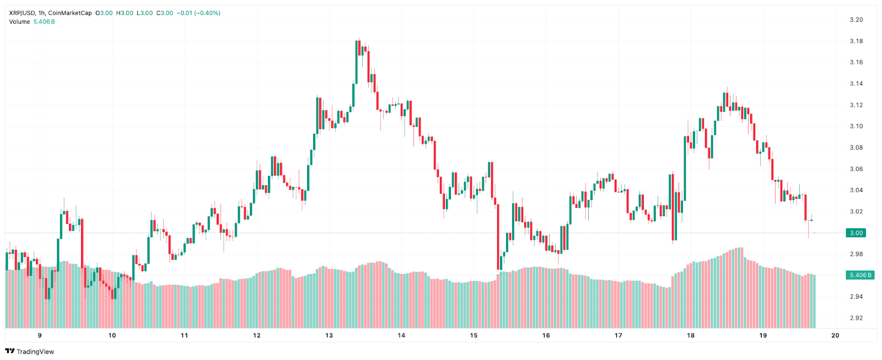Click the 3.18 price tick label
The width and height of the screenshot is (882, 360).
coord(856,41)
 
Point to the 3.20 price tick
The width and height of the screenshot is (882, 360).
coord(856,20)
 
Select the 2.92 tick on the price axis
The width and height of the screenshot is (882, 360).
coord(856,318)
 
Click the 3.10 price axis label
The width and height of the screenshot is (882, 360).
coord(856,126)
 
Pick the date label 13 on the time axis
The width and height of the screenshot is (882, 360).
coord(329,335)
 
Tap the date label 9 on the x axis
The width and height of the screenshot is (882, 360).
coord(40,335)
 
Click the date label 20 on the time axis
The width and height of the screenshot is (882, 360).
coord(835,335)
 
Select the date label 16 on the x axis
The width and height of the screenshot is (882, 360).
coord(546,335)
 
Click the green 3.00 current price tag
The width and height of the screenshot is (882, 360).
coord(856,233)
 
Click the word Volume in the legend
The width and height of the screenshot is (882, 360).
coord(19,22)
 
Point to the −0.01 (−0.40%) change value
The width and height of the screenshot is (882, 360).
coord(198,13)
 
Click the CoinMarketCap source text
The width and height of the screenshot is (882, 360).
coord(70,13)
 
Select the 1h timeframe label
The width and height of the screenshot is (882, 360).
coord(42,13)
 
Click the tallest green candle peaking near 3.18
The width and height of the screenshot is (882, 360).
coord(356,61)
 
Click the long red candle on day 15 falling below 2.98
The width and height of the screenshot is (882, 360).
coord(498,237)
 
